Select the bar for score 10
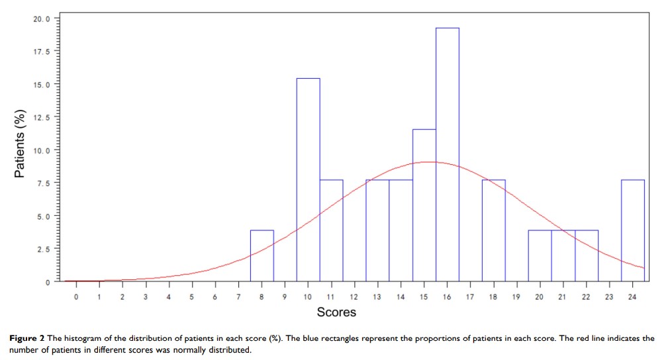(x=309, y=179)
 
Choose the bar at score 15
(x=424, y=205)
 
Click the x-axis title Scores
(x=336, y=312)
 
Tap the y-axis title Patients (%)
(x=21, y=143)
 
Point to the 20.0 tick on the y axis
(x=40, y=19)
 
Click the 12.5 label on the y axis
(x=40, y=117)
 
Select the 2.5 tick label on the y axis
(x=42, y=249)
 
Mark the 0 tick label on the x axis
(x=76, y=297)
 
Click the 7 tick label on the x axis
(x=238, y=297)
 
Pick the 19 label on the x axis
(x=516, y=297)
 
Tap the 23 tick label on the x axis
(x=609, y=297)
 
